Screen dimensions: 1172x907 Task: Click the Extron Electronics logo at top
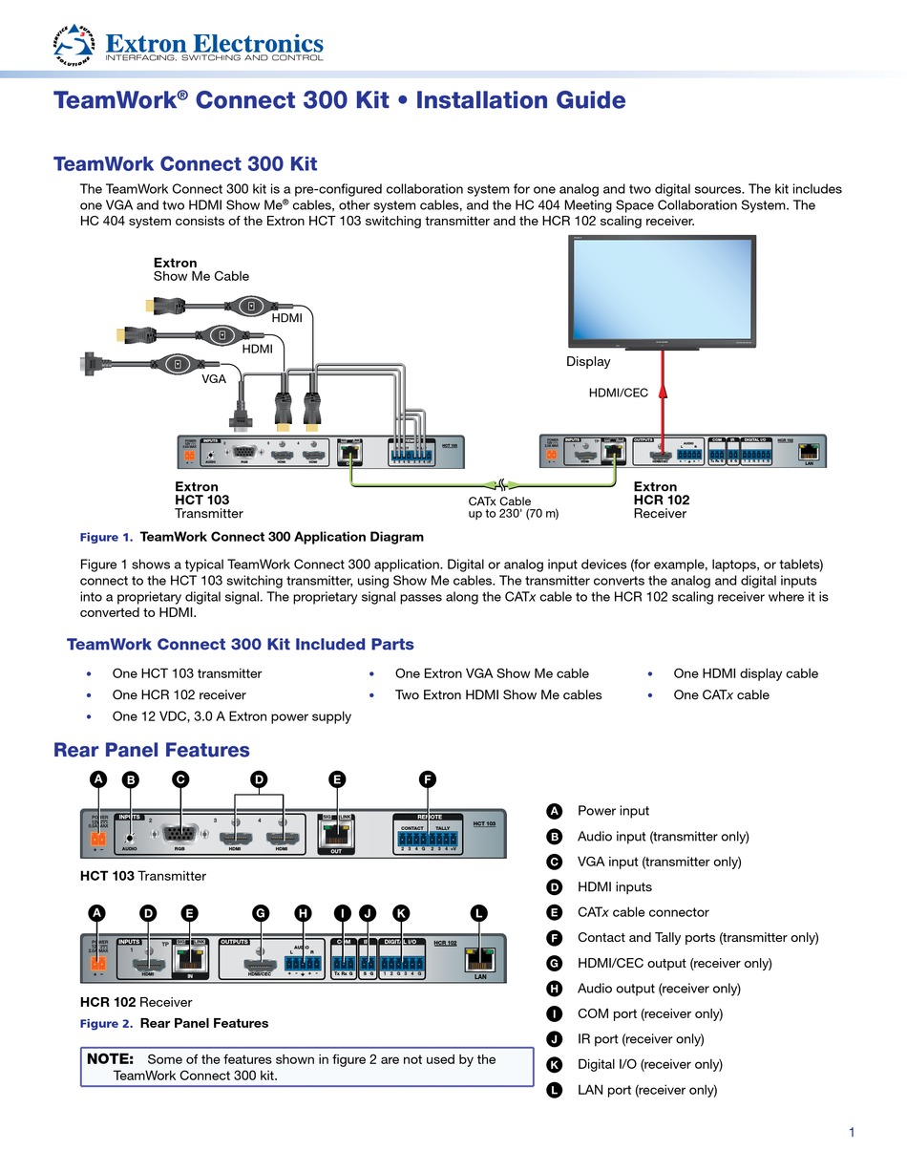[x=188, y=45]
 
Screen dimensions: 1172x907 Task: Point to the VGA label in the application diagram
[x=214, y=379]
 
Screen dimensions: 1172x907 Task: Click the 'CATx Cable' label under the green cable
[x=499, y=501]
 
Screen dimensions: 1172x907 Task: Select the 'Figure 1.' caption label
[x=105, y=537]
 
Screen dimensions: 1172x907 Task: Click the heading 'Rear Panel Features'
[x=151, y=750]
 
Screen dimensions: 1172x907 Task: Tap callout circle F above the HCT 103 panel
[x=428, y=779]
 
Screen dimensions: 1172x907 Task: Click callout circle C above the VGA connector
[x=179, y=779]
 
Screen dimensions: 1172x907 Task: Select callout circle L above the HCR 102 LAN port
[x=479, y=913]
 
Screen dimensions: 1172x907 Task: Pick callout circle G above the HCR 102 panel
[x=260, y=913]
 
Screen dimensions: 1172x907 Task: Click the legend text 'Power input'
[x=613, y=811]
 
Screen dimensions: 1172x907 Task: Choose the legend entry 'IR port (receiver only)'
[x=640, y=1039]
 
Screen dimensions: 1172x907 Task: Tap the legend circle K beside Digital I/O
[x=554, y=1064]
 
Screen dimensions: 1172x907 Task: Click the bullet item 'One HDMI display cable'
[x=745, y=673]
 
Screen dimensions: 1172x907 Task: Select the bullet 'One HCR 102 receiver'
[x=179, y=695]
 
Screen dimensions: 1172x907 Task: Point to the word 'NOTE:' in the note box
[x=113, y=1059]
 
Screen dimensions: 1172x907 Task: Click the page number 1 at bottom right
[x=852, y=1133]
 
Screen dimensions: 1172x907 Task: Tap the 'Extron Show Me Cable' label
[x=200, y=269]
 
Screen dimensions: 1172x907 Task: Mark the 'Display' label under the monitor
[x=588, y=362]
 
